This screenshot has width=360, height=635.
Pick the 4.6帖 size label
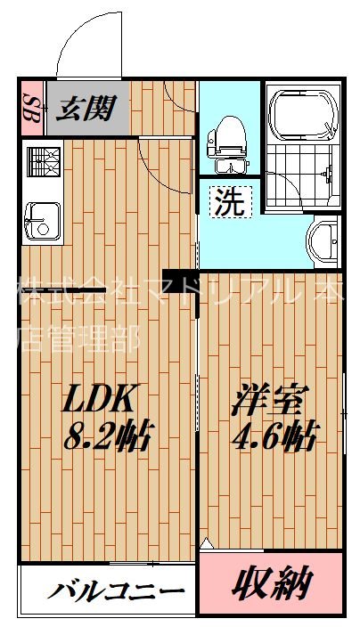click(x=274, y=437)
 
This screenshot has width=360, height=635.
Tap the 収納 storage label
click(x=273, y=585)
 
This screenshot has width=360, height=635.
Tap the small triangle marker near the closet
click(x=206, y=542)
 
